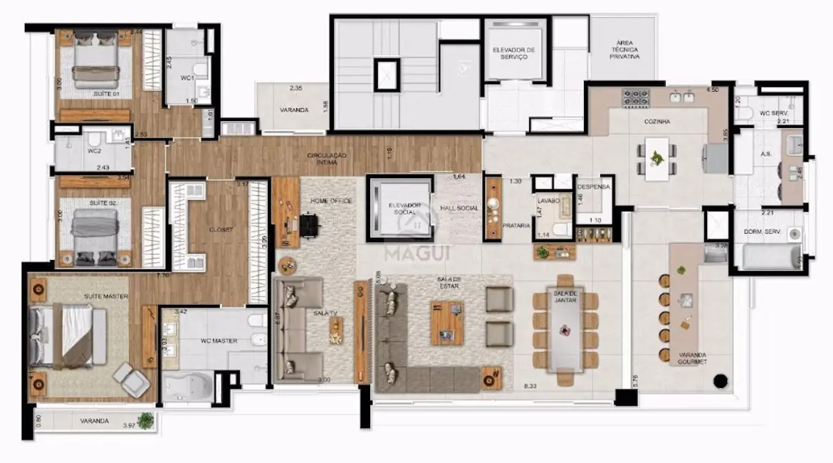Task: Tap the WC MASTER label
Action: pyautogui.click(x=219, y=341)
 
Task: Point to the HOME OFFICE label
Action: pyautogui.click(x=331, y=202)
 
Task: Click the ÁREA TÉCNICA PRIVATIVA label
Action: pyautogui.click(x=624, y=49)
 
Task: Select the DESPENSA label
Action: pyautogui.click(x=594, y=187)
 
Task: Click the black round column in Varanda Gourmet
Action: pyautogui.click(x=720, y=380)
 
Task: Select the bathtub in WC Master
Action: pyautogui.click(x=187, y=387)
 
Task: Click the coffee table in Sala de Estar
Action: pyautogui.click(x=446, y=322)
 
